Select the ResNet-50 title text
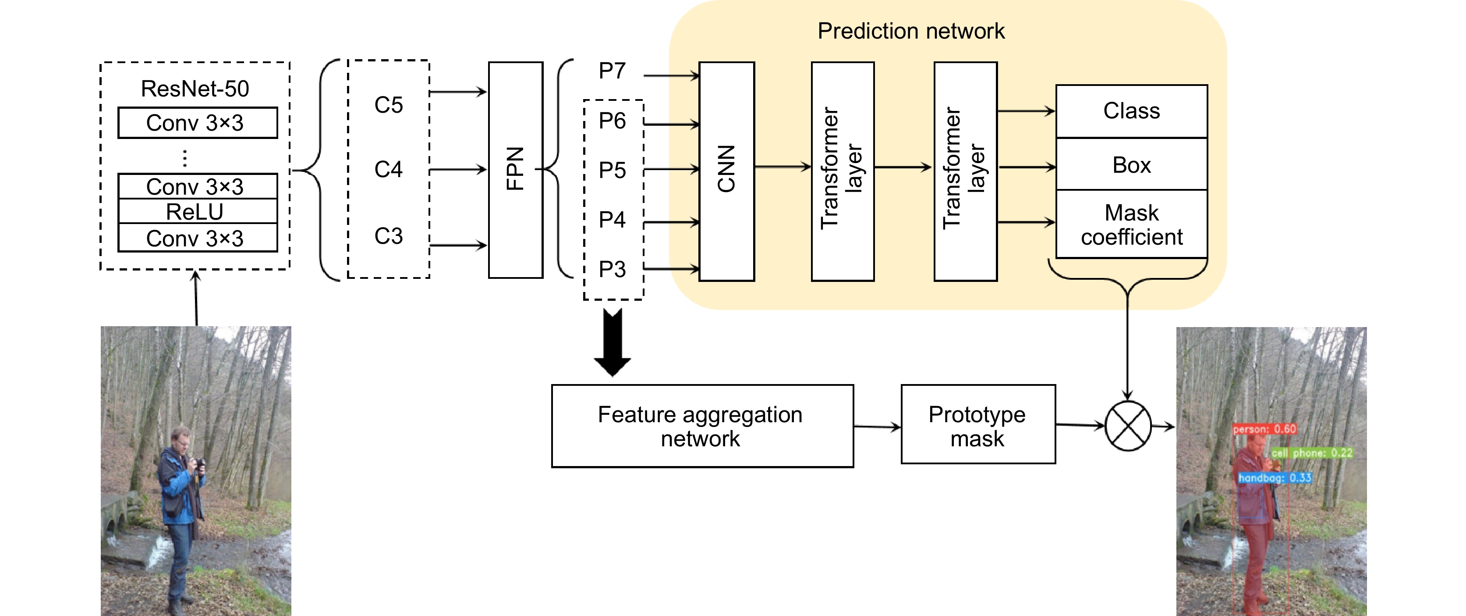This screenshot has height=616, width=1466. tap(195, 89)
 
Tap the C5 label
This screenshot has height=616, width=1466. tap(389, 105)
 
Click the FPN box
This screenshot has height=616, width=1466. tap(516, 170)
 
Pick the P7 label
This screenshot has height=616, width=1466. tap(613, 71)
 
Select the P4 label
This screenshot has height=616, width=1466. tap(613, 220)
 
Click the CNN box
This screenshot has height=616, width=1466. tap(727, 171)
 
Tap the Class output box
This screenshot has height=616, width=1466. tap(1131, 111)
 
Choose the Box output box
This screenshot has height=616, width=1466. tap(1131, 164)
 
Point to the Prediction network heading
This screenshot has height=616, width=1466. tap(911, 31)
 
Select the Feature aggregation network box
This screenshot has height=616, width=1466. tap(702, 426)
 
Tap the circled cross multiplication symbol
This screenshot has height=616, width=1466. tap(1127, 426)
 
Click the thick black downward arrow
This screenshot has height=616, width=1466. tap(613, 343)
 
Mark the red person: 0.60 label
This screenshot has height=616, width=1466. tap(1264, 429)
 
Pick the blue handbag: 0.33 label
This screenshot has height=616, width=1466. tap(1275, 477)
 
